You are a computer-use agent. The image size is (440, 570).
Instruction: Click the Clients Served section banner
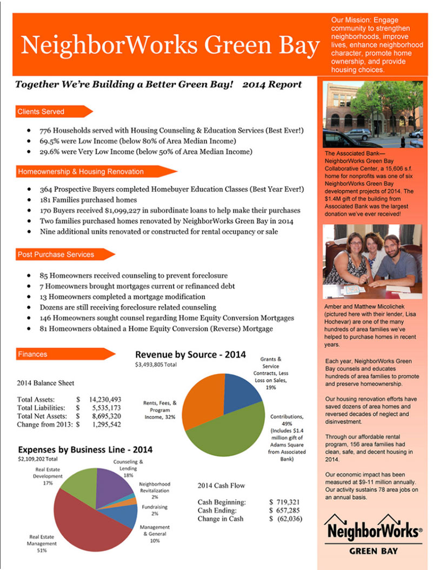(49, 112)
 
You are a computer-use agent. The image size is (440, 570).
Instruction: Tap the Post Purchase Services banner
(59, 254)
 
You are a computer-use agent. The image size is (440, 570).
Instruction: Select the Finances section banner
(59, 354)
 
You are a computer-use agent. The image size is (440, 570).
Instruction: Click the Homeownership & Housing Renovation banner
(86, 172)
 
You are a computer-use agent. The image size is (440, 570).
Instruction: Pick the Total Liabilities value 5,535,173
(106, 407)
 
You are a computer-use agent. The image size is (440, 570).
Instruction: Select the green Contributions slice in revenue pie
(227, 432)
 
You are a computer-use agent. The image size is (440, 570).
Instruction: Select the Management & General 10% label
(155, 533)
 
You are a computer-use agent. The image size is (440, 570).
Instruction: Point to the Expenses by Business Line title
(85, 450)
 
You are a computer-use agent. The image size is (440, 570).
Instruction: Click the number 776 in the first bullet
(46, 131)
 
